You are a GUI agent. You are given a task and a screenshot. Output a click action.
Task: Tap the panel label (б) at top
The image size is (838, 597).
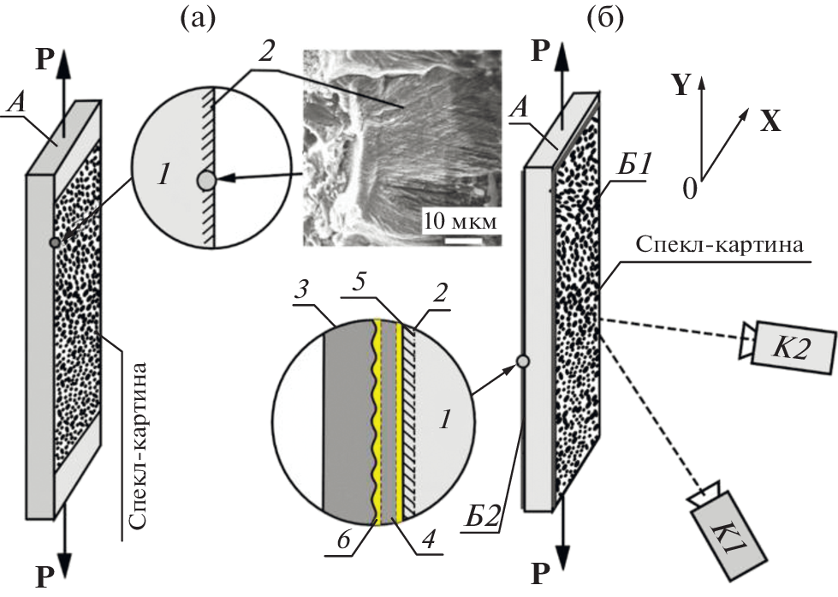[610, 18]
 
